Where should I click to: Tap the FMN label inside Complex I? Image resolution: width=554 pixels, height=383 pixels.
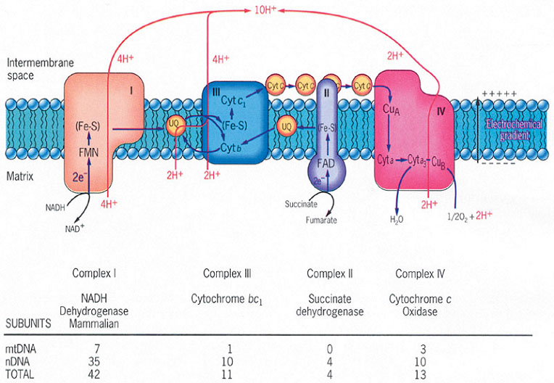tap(88, 152)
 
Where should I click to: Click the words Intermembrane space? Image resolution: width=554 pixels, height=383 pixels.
tap(30, 70)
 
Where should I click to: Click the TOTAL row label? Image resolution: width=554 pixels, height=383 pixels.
tap(19, 374)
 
